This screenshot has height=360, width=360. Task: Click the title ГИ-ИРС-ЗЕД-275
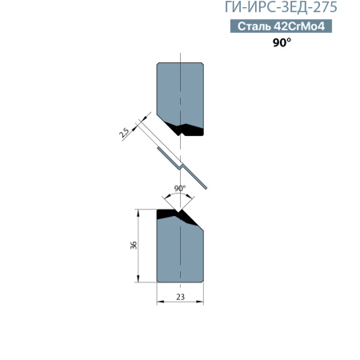[281, 7]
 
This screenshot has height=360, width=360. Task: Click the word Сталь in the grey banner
[254, 26]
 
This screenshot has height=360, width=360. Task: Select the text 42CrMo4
[299, 26]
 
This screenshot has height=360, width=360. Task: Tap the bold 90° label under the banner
[282, 42]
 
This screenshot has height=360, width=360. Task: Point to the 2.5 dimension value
[125, 133]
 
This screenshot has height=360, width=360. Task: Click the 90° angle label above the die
[180, 188]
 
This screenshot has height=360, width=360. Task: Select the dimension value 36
[134, 246]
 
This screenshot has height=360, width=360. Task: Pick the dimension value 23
[180, 297]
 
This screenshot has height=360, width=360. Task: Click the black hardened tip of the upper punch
[186, 130]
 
